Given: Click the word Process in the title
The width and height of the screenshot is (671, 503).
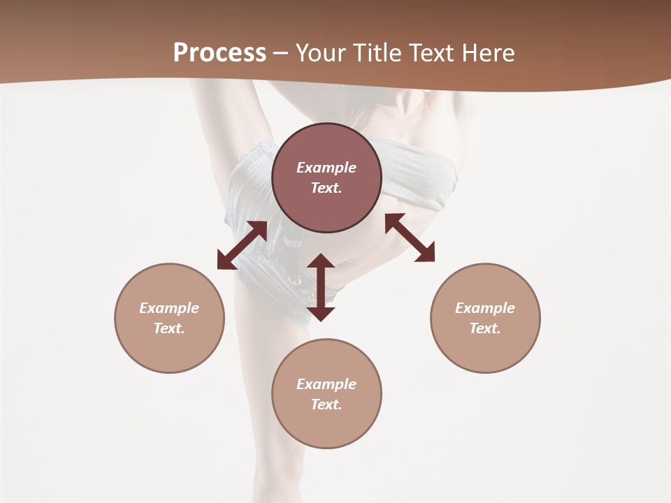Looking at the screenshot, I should pyautogui.click(x=219, y=53).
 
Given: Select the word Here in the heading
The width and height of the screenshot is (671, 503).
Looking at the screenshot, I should pyautogui.click(x=488, y=53).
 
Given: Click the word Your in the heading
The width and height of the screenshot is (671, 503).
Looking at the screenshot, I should pyautogui.click(x=320, y=53).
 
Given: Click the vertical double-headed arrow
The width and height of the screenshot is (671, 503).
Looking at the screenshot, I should pyautogui.click(x=321, y=287).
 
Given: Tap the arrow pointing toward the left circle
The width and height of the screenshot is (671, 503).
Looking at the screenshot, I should pyautogui.click(x=242, y=245).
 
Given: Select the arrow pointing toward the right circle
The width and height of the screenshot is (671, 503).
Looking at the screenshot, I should pyautogui.click(x=410, y=238).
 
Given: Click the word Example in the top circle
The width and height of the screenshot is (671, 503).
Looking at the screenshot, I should pyautogui.click(x=326, y=168).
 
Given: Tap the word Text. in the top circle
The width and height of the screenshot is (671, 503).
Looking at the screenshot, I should pyautogui.click(x=326, y=188).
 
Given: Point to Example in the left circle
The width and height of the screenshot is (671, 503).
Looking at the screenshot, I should pyautogui.click(x=169, y=308).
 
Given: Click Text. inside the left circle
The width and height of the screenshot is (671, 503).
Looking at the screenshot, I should pyautogui.click(x=169, y=328).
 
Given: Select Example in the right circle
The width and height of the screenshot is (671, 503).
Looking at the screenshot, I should pyautogui.click(x=485, y=308).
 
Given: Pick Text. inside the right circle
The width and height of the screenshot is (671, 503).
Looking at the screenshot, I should pyautogui.click(x=485, y=328).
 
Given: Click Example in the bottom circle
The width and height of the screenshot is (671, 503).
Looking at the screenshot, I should pyautogui.click(x=326, y=384).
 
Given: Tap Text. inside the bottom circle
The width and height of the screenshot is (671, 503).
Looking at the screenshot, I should pyautogui.click(x=326, y=404).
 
